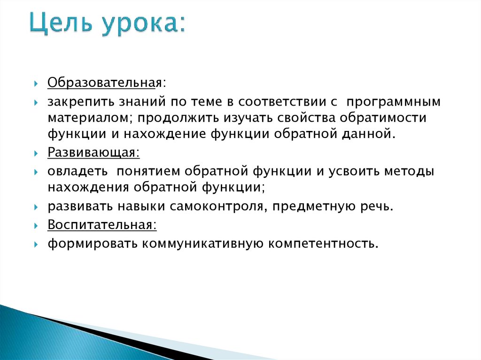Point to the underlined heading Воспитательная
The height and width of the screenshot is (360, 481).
(x=101, y=224)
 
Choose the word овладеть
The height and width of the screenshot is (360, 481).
(x=77, y=171)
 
